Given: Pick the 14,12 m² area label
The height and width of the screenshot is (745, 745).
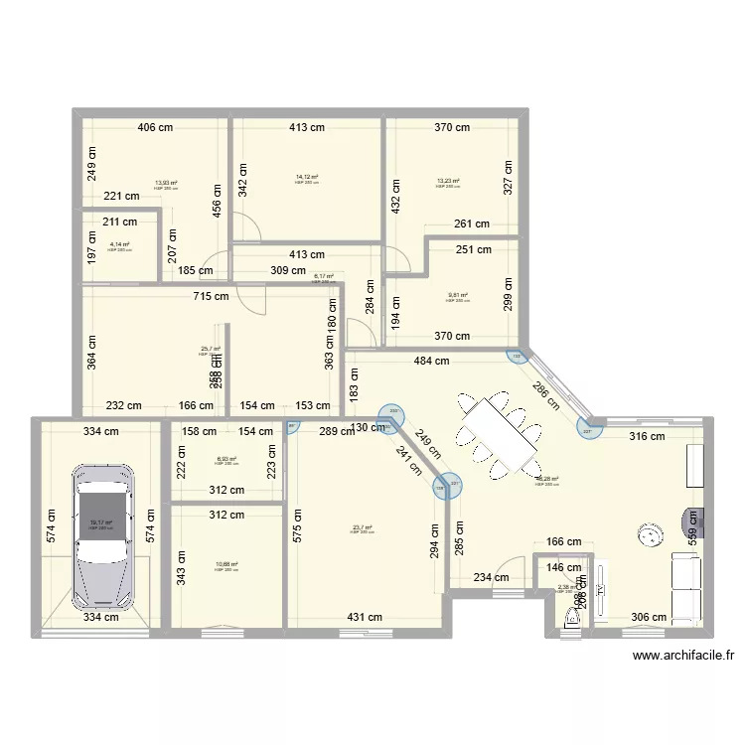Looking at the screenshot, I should [306, 178].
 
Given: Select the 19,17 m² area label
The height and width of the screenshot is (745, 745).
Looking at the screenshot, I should [100, 522].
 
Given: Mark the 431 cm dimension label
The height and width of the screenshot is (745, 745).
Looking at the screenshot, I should [365, 617].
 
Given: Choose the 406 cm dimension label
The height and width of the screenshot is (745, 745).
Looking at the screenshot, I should [156, 127].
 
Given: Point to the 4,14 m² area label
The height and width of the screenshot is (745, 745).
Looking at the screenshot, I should [119, 244].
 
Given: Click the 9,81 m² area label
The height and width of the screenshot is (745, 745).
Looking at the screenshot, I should [457, 295].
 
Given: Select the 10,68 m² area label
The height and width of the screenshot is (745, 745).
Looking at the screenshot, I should [225, 565].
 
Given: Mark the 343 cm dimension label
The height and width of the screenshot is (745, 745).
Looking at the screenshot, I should [181, 569].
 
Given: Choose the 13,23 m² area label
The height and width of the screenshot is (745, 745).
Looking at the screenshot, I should [448, 182].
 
